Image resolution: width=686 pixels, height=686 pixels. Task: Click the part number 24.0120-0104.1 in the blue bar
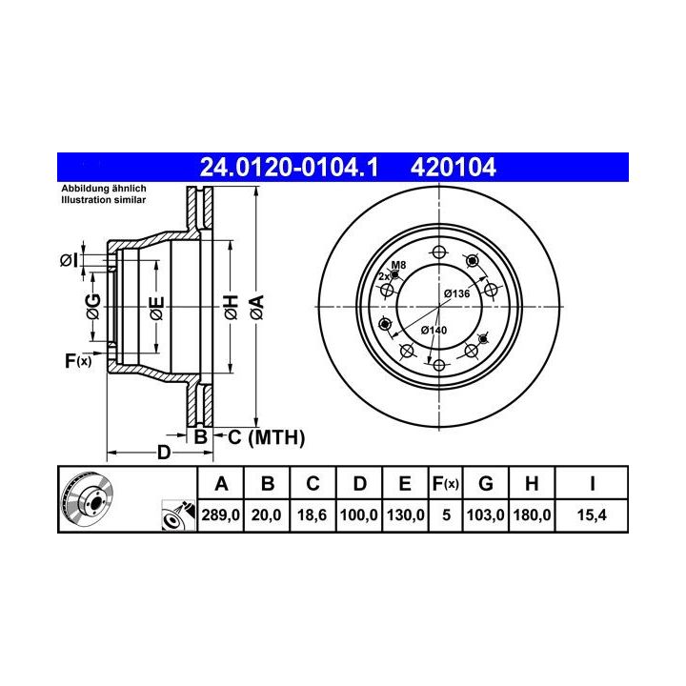(289, 167)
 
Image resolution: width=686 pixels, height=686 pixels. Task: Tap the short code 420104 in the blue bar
(453, 167)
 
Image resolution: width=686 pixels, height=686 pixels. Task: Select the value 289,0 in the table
(220, 514)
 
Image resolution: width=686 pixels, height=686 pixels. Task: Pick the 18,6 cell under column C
(312, 514)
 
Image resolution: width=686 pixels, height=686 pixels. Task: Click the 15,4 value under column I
(592, 514)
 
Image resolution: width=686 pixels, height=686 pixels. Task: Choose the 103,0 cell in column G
(486, 514)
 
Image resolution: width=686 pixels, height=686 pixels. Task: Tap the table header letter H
(532, 484)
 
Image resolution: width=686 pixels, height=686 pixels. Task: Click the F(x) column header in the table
(445, 484)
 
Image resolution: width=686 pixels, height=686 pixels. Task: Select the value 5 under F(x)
(446, 514)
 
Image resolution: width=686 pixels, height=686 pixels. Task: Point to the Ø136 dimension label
(456, 293)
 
